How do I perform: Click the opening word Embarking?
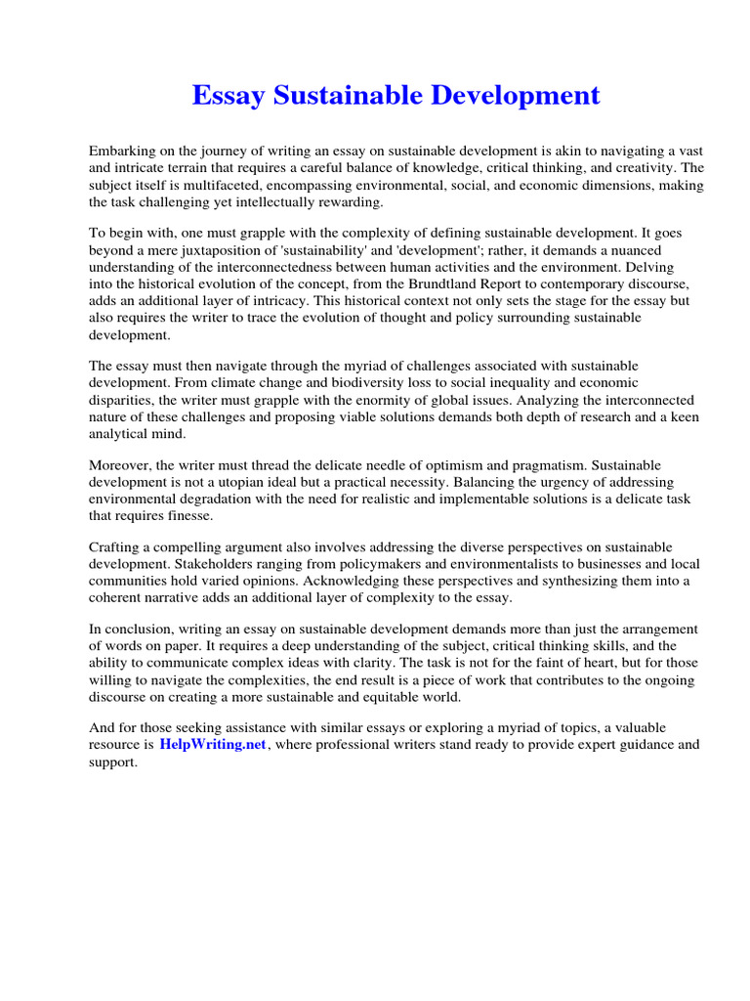[x=122, y=152]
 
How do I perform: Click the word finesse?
[x=183, y=516]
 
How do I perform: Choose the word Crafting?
[x=117, y=547]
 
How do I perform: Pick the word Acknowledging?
[x=359, y=581]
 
